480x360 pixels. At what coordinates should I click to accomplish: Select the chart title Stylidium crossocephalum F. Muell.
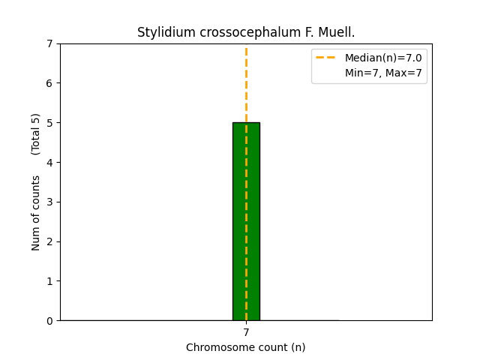[x=246, y=32]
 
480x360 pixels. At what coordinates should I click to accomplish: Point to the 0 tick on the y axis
[x=50, y=321]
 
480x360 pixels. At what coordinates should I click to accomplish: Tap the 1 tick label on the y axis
[x=50, y=281]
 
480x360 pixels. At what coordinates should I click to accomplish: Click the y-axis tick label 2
[x=50, y=241]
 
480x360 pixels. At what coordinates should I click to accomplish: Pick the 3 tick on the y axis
[x=50, y=202]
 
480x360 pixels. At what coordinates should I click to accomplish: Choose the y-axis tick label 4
[x=50, y=163]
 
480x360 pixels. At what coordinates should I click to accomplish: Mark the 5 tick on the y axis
[x=50, y=123]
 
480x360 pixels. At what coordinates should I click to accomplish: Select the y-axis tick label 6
[x=50, y=83]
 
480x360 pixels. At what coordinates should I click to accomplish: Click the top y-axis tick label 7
[x=50, y=43]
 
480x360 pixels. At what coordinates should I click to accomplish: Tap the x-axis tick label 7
[x=246, y=332]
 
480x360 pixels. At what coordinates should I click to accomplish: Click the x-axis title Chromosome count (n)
[x=246, y=347]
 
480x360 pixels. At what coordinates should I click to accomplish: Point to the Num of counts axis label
[x=36, y=213]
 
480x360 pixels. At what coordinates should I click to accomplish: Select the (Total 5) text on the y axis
[x=36, y=133]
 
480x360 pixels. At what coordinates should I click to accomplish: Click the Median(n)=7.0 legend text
[x=383, y=58]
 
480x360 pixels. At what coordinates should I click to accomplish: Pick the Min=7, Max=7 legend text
[x=383, y=73]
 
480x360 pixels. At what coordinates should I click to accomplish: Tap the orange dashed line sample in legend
[x=325, y=58]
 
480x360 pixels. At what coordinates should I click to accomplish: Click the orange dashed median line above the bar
[x=246, y=82]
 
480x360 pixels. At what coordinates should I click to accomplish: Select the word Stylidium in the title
[x=160, y=32]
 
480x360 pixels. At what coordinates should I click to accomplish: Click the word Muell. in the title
[x=337, y=32]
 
